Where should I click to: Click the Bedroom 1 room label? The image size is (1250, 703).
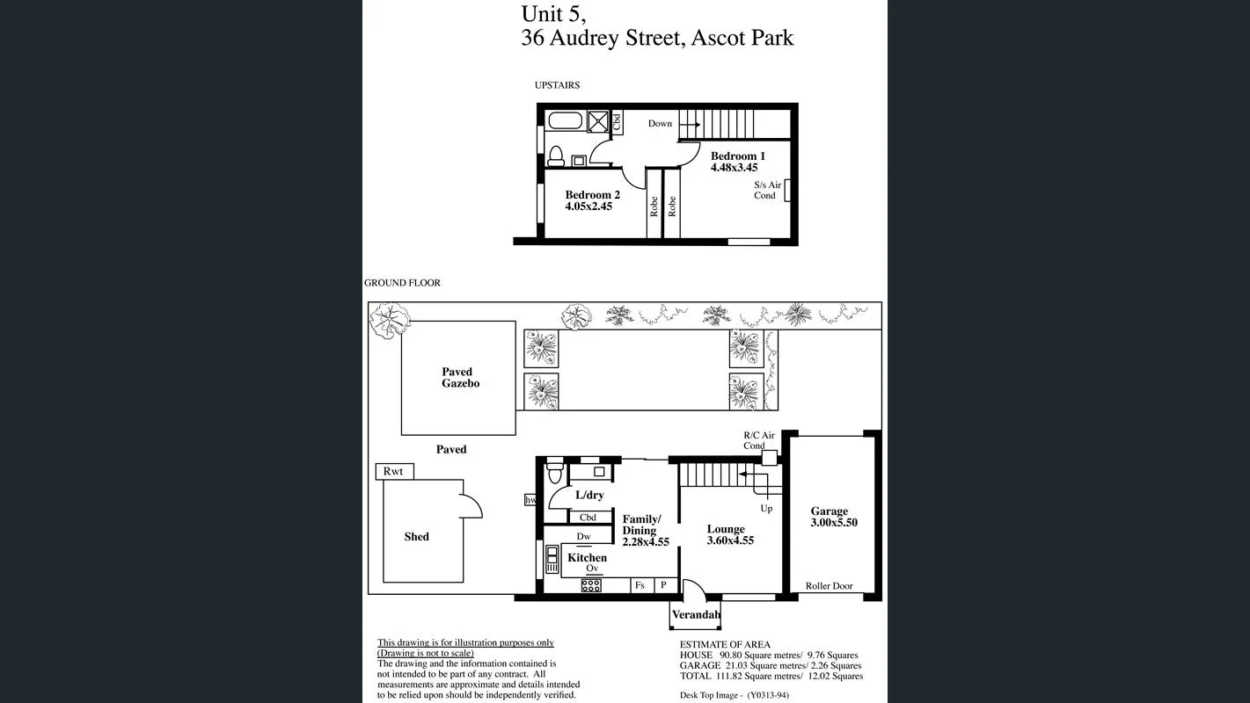[x=737, y=156]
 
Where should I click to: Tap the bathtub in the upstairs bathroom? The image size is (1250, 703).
[x=564, y=120]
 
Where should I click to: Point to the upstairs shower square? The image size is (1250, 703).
[x=598, y=120]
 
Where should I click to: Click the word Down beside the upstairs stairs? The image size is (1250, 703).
[x=660, y=124]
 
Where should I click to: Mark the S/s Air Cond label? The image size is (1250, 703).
[x=767, y=190]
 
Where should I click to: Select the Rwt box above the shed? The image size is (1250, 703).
[x=393, y=472]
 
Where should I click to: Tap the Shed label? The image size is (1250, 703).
[x=416, y=537]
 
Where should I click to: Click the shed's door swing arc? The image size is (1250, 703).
[x=472, y=505]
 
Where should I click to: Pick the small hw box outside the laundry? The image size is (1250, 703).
[x=530, y=500]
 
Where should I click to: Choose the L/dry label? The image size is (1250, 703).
[x=589, y=496]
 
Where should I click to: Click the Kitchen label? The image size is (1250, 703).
[x=587, y=558]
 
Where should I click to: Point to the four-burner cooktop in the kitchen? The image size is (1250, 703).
[x=591, y=585]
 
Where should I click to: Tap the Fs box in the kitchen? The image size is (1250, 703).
[x=640, y=585]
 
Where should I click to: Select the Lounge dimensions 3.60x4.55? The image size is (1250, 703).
[x=730, y=541]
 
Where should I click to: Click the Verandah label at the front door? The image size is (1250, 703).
[x=696, y=615]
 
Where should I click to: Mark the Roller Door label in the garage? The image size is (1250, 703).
[x=829, y=586]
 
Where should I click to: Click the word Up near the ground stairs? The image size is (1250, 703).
[x=766, y=509]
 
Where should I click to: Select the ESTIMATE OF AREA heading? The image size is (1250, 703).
[x=725, y=645]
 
